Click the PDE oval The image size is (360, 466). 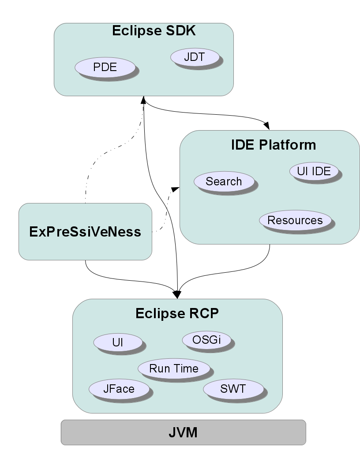pyautogui.click(x=105, y=67)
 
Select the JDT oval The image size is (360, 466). pyautogui.click(x=195, y=56)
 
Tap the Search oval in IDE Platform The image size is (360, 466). pyautogui.click(x=224, y=181)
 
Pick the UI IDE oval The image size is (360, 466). pyautogui.click(x=314, y=171)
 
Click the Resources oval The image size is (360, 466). pyautogui.click(x=295, y=220)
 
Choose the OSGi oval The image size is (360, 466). pyautogui.click(x=206, y=340)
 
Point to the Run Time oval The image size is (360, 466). pyautogui.click(x=174, y=368)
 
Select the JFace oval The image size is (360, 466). pyautogui.click(x=118, y=389)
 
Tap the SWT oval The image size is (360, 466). pyautogui.click(x=233, y=389)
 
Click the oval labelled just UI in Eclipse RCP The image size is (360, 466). pyautogui.click(x=117, y=342)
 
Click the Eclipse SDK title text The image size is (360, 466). pyautogui.click(x=154, y=31)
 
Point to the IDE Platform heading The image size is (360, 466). pyautogui.click(x=273, y=145)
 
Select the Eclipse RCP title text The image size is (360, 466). pyautogui.click(x=177, y=313)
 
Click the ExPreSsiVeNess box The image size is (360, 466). pyautogui.click(x=85, y=231)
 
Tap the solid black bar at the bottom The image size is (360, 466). pyautogui.click(x=183, y=432)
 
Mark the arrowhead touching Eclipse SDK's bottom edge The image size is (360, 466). pyautogui.click(x=143, y=100)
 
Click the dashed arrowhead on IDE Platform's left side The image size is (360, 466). pyautogui.click(x=175, y=189)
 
